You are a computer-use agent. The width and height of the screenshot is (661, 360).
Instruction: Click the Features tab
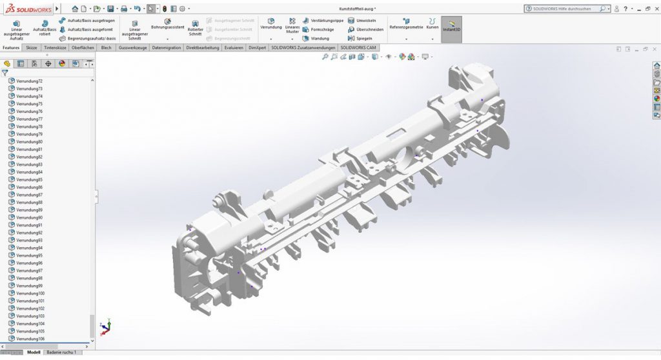[11, 48]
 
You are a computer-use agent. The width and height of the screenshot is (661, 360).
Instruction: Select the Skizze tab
[32, 48]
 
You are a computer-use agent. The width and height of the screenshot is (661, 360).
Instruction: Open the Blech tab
[107, 48]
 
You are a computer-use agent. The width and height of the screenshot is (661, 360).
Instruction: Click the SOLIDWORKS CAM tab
[358, 48]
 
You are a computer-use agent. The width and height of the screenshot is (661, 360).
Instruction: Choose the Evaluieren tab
[234, 48]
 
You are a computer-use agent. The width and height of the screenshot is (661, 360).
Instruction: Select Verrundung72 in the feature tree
[29, 81]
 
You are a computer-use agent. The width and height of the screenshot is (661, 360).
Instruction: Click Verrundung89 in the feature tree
[29, 210]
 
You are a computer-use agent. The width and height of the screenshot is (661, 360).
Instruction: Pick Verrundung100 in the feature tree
[30, 294]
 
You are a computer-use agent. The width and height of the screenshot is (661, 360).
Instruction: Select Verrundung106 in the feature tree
[30, 339]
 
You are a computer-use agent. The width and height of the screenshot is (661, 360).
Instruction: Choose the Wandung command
[320, 38]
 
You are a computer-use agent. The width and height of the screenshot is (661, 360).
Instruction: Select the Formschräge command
[321, 30]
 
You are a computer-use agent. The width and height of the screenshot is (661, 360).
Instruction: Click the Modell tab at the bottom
[34, 352]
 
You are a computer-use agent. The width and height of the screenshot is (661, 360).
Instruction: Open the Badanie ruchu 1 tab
[61, 352]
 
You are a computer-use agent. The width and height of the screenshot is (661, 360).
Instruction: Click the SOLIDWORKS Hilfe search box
[565, 9]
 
